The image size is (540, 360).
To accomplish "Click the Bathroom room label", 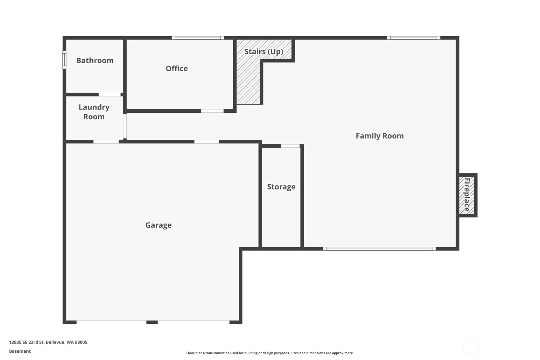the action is (95, 60).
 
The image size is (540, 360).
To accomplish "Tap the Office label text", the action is (177, 68).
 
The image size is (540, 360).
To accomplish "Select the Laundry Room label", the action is (94, 112).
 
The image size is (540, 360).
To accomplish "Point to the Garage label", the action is (158, 225).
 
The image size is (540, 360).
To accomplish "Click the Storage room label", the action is (281, 187).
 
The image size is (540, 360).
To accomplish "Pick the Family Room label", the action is (380, 136).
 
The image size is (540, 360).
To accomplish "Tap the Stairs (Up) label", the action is (264, 52).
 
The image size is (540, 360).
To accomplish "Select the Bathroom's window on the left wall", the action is (64, 60).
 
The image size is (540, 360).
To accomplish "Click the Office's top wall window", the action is (198, 38).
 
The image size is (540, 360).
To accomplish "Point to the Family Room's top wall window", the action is (414, 38).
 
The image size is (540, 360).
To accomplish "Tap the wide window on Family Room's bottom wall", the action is (379, 249).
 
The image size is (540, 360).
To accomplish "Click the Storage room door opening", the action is (290, 146).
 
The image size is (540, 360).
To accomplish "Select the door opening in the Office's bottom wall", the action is (212, 111).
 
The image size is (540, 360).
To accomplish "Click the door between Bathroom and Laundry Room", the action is (110, 95).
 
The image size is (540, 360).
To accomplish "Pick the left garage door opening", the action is (111, 322).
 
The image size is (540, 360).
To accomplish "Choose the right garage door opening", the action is (193, 322).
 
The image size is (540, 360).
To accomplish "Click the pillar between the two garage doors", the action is (152, 322).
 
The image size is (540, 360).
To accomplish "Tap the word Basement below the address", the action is (20, 351).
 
